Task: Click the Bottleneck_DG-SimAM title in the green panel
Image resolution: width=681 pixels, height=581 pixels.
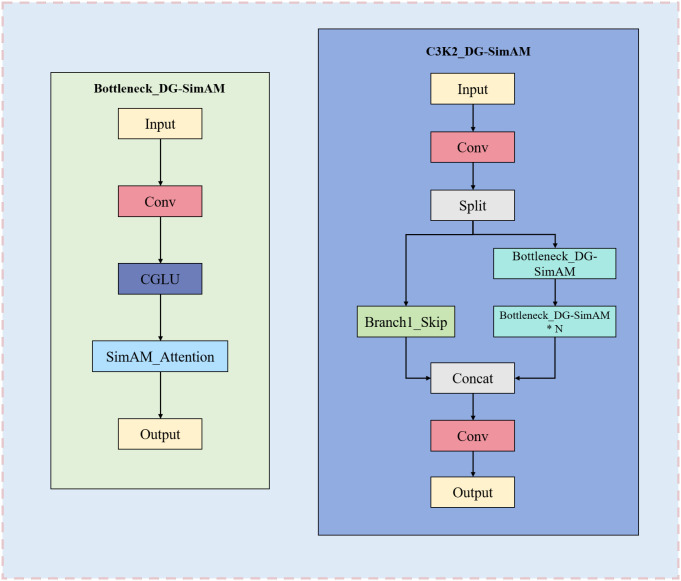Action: [x=159, y=89]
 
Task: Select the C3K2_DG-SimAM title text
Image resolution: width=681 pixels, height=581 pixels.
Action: [x=478, y=52]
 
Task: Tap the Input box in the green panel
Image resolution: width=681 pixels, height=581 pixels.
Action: [x=160, y=124]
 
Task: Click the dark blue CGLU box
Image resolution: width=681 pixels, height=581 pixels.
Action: [x=160, y=279]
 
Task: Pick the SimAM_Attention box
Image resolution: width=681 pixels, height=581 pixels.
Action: [x=160, y=356]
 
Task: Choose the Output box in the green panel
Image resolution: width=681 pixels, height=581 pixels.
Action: [x=160, y=434]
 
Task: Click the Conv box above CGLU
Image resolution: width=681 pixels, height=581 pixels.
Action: [x=160, y=201]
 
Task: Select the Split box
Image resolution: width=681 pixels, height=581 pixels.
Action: [x=473, y=205]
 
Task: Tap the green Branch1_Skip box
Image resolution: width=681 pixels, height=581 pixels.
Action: [x=406, y=322]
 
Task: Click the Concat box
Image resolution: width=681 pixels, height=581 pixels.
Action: [x=473, y=378]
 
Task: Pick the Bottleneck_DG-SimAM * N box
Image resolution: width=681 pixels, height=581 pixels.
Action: [x=555, y=322]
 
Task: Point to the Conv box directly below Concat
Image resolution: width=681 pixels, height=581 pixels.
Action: [x=473, y=436]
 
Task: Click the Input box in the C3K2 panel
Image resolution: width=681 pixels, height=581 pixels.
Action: [x=473, y=89]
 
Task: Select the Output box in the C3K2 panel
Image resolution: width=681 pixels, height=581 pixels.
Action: [x=473, y=492]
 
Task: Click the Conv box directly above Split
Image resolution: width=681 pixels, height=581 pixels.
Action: [x=473, y=147]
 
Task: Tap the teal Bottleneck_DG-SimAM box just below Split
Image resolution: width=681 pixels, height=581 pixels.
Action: [x=555, y=264]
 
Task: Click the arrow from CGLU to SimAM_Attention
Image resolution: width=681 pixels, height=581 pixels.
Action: [x=160, y=317]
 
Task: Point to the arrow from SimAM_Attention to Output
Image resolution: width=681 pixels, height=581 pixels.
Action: [x=160, y=395]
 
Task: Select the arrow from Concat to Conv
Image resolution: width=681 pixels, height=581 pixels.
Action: [x=473, y=407]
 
